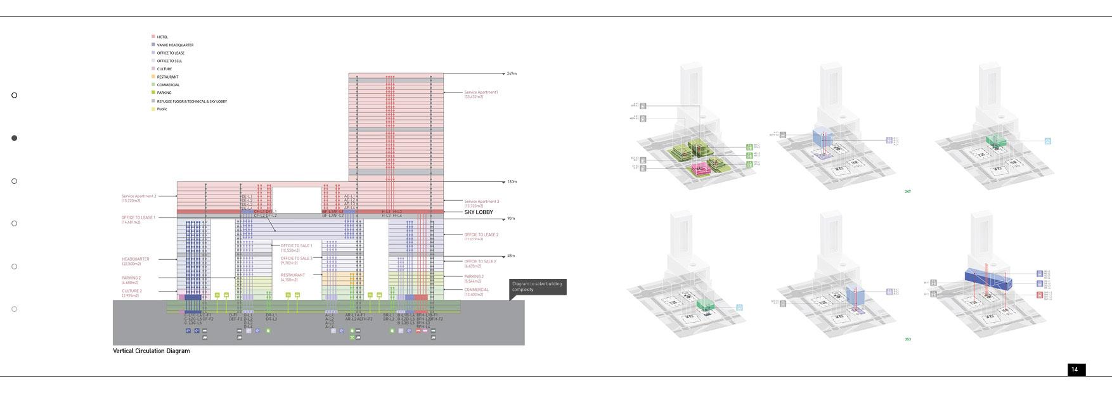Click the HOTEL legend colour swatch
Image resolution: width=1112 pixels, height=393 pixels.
(x=153, y=37)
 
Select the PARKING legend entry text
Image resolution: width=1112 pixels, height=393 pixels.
(x=164, y=93)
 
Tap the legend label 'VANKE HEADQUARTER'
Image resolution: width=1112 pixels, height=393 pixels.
(x=175, y=45)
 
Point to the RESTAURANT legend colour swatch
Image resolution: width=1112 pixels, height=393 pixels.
(x=153, y=77)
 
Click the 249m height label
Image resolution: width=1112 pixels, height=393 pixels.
(x=512, y=74)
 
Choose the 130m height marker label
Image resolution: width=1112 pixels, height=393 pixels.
(x=512, y=182)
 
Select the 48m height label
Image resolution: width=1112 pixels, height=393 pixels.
(x=511, y=256)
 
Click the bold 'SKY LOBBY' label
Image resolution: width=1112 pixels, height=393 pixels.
(x=478, y=212)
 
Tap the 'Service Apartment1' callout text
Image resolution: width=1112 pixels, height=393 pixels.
(x=481, y=93)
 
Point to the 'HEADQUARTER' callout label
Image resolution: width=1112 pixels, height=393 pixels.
(x=136, y=259)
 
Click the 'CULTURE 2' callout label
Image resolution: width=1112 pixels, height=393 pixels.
(x=132, y=292)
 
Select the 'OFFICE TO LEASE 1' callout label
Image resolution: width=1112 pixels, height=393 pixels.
(x=138, y=218)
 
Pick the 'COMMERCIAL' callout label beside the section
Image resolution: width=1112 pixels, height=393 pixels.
(x=476, y=290)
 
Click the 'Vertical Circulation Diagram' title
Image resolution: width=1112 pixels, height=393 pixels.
(x=152, y=351)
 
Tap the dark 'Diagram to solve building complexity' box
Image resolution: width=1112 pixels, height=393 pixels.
(x=537, y=287)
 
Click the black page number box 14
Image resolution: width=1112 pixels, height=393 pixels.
(x=1075, y=370)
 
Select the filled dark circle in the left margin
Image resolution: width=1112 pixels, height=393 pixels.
(x=15, y=138)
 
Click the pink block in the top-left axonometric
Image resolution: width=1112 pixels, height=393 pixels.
(x=700, y=168)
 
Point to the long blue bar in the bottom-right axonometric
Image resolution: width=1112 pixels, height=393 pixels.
(x=987, y=279)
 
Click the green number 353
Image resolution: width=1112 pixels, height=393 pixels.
(x=908, y=340)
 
